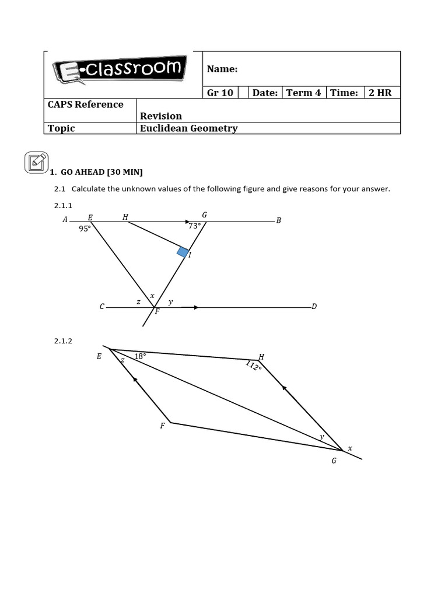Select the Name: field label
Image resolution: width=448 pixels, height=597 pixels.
(x=222, y=69)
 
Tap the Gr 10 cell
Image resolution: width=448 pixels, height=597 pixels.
(x=220, y=93)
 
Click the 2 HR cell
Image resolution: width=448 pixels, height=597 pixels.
(x=380, y=93)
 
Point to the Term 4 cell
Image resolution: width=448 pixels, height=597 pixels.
(x=303, y=93)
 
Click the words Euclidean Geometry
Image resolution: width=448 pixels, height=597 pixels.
(x=188, y=128)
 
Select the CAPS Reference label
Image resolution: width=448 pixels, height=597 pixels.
(x=86, y=104)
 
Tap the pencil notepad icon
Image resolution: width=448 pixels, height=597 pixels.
(x=36, y=161)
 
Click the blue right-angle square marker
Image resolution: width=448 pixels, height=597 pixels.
(x=183, y=252)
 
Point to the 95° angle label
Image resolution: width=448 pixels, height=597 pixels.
(x=85, y=229)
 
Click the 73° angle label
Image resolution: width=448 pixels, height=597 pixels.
(x=195, y=226)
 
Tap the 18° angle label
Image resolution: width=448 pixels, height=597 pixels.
(x=140, y=356)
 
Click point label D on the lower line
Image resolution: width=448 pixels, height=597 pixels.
(x=314, y=307)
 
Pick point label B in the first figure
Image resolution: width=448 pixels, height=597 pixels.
(x=279, y=221)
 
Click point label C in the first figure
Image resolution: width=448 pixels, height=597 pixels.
(x=102, y=307)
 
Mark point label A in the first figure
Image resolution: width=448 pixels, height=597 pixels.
(x=65, y=220)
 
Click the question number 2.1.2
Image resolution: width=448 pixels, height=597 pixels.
(x=63, y=341)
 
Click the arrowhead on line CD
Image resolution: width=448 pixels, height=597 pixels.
(x=196, y=307)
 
